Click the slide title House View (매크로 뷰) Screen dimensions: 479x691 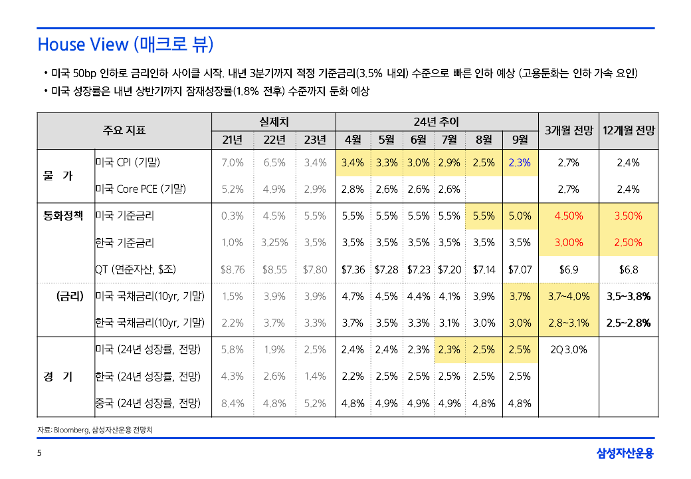126,45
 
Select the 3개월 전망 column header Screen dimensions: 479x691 568,130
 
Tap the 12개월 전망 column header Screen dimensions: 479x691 629,130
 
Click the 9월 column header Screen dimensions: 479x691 520,140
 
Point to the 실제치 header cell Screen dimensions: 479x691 274,122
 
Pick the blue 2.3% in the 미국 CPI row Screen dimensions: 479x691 520,162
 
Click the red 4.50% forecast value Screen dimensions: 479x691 569,216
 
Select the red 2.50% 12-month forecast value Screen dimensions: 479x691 629,243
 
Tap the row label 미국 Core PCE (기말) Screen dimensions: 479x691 140,189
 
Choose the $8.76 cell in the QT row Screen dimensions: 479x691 233,269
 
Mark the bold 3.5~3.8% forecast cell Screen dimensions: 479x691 629,297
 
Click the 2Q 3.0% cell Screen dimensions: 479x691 569,349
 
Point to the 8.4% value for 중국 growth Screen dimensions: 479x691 233,403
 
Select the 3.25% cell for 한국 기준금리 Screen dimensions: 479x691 274,243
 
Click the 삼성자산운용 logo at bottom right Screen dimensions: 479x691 625,454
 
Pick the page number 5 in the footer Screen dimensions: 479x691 39,454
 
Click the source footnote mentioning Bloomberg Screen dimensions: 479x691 99,430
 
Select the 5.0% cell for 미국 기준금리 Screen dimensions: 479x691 520,216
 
